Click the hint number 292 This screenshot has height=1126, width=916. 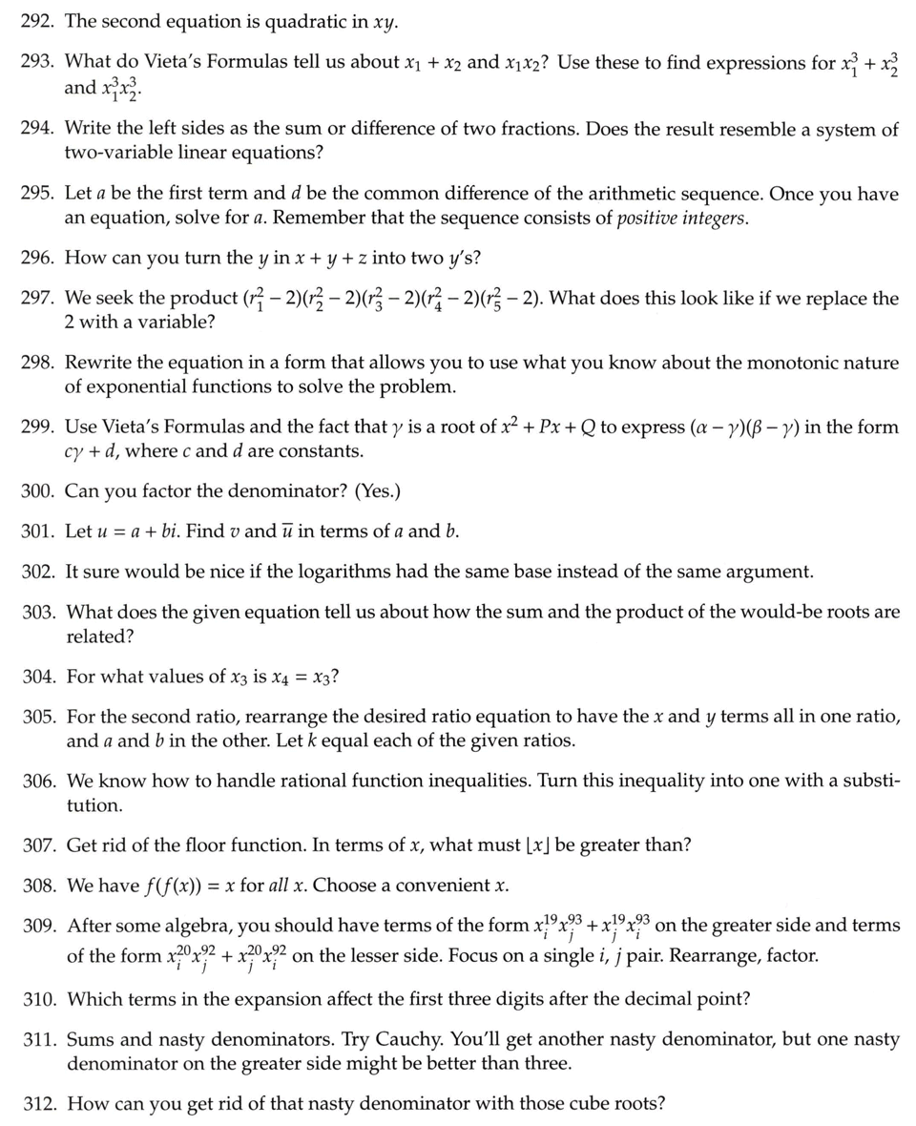[37, 20]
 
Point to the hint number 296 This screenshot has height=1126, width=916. [37, 258]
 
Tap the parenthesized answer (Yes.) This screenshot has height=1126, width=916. [377, 491]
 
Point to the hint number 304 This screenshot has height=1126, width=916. [37, 677]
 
